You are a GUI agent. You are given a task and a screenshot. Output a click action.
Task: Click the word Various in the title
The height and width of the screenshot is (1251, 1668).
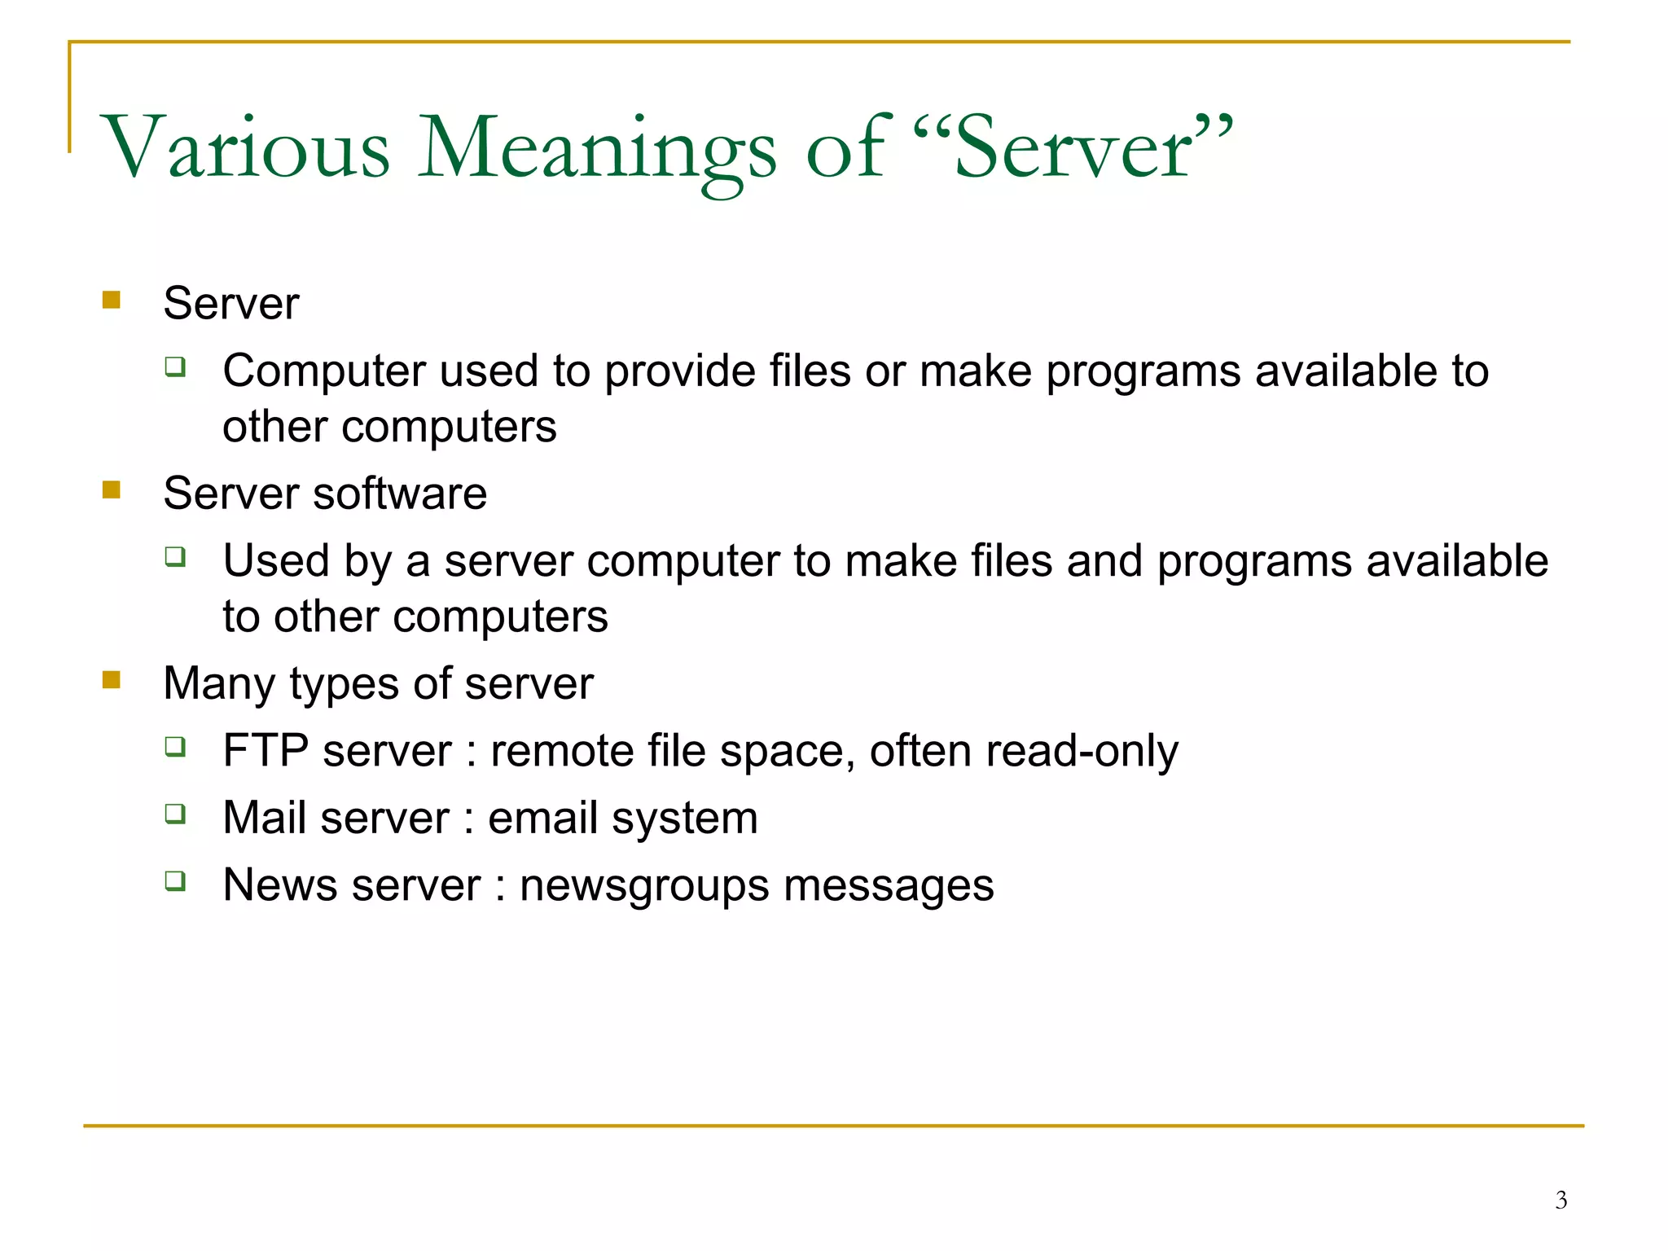click(x=245, y=147)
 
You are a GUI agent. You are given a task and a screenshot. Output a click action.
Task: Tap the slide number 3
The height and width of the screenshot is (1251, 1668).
click(x=1560, y=1200)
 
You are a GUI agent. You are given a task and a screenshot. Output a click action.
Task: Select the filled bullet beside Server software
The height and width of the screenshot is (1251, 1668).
click(x=112, y=489)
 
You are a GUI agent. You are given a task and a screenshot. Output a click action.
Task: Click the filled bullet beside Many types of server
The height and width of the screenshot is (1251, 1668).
click(x=112, y=679)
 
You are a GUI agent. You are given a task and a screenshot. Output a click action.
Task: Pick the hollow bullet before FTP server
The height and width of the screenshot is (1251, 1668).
click(x=175, y=746)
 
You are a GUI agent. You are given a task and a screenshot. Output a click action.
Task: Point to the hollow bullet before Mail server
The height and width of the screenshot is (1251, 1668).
click(x=175, y=813)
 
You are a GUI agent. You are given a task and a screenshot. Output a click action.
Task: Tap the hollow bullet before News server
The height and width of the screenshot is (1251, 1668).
click(x=175, y=880)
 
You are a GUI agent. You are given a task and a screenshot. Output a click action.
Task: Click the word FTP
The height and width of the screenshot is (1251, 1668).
click(x=266, y=750)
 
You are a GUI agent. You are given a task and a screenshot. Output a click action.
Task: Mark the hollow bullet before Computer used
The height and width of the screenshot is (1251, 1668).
click(x=175, y=367)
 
